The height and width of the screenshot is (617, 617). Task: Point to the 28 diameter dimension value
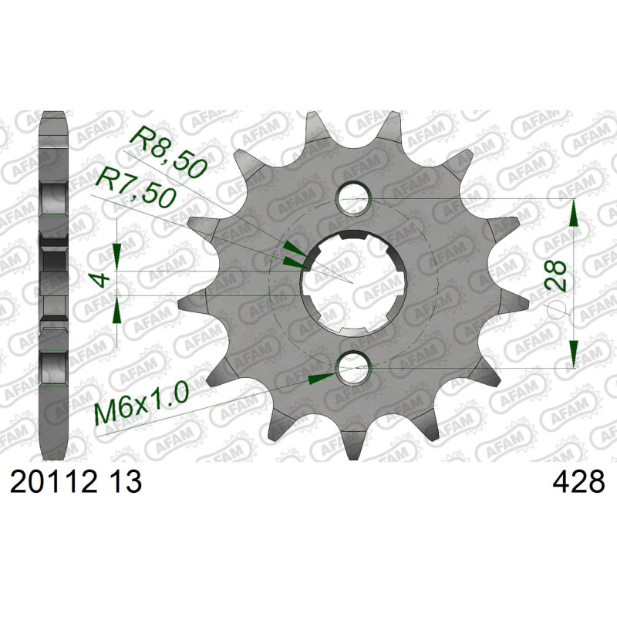555,275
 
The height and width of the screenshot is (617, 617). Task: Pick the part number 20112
53,483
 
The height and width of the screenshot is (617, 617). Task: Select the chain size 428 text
578,483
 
